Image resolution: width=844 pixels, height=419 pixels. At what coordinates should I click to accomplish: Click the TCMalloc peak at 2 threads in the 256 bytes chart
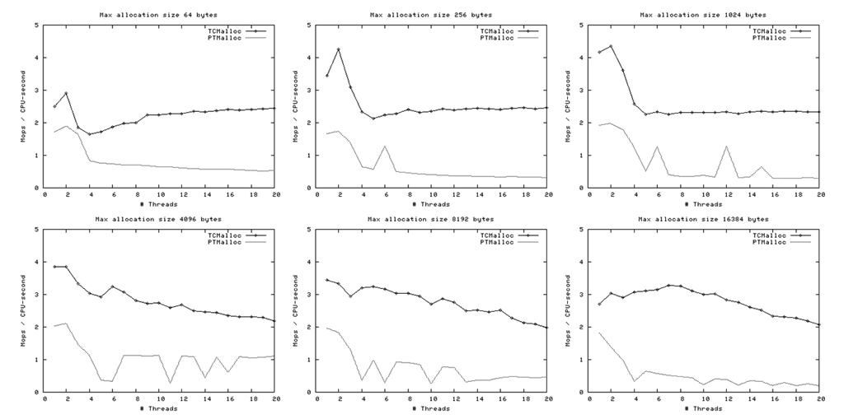(339, 49)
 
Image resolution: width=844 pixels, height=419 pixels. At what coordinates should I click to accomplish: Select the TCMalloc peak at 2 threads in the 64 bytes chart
(67, 93)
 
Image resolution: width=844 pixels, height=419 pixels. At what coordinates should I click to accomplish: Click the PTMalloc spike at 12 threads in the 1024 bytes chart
(726, 147)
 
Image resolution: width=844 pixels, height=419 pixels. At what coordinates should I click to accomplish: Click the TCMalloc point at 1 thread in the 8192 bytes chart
(327, 280)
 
